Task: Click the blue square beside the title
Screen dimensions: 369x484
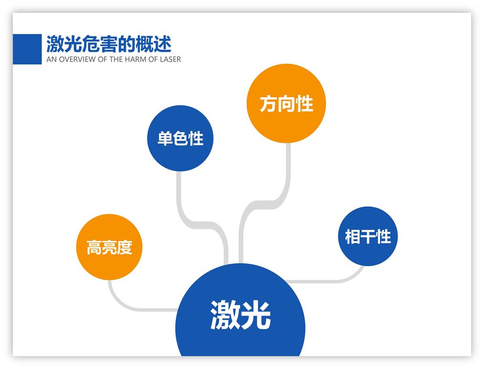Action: tap(27, 49)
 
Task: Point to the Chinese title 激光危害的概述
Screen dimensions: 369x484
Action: tap(108, 44)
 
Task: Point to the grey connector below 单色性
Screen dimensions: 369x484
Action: tap(180, 195)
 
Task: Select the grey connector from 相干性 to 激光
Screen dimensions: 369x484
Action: tap(334, 280)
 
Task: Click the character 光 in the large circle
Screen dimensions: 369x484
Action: tap(256, 315)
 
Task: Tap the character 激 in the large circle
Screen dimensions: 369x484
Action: tap(225, 315)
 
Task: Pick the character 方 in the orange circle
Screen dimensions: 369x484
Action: tap(268, 103)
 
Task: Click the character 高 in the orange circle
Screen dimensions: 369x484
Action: tap(94, 247)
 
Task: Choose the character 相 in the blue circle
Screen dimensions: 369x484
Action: tap(352, 236)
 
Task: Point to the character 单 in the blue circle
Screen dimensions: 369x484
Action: tap(165, 139)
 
